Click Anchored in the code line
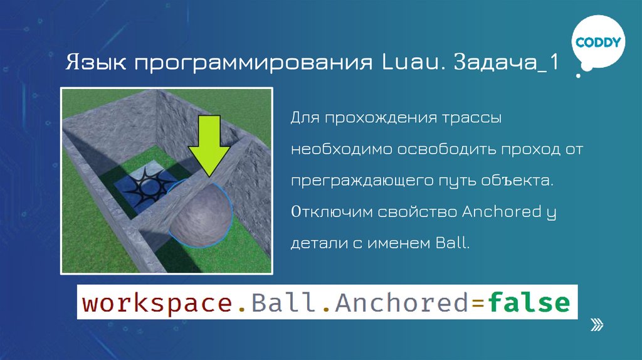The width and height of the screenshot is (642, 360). coord(402,304)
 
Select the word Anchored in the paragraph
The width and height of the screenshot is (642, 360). coord(496,212)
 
